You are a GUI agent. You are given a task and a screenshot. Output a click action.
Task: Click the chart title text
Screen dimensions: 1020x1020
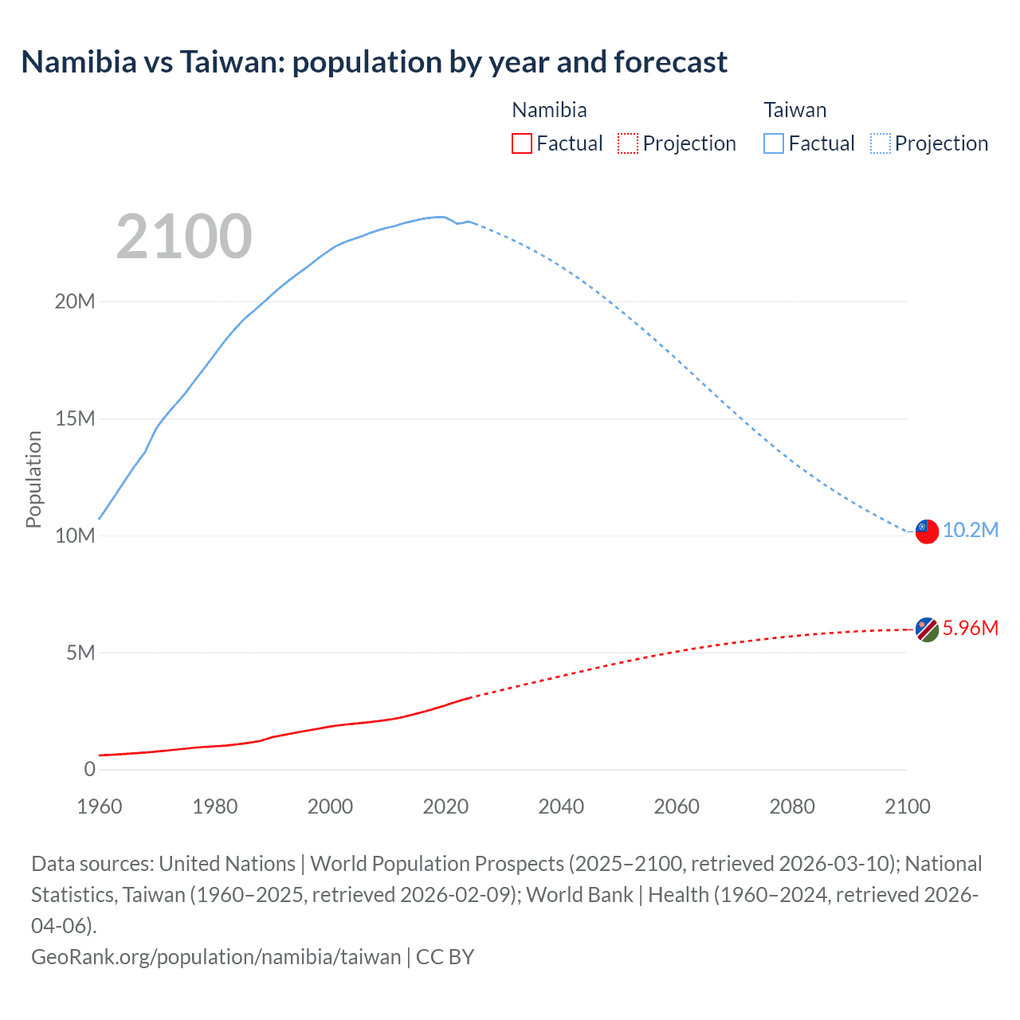[374, 62]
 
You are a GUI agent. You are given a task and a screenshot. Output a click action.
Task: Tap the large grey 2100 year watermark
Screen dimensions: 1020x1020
[184, 237]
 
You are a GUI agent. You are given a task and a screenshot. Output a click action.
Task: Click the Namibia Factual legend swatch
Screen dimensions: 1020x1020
[522, 143]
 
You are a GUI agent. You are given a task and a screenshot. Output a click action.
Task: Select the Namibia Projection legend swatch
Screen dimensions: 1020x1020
[628, 143]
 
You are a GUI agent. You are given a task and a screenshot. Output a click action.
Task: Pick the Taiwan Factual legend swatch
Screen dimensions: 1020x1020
[774, 143]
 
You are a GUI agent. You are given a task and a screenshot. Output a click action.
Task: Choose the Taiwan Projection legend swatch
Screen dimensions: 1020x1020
[881, 143]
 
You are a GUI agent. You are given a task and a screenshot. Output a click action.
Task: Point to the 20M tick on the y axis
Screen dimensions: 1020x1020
[75, 301]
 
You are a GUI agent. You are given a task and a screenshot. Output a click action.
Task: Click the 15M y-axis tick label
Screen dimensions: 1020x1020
[75, 418]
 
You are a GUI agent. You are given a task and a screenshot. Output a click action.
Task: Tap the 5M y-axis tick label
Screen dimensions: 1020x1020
[80, 653]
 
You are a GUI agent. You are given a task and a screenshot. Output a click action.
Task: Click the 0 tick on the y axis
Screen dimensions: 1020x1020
[89, 769]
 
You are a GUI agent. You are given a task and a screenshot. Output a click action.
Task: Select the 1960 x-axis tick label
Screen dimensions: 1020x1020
[100, 806]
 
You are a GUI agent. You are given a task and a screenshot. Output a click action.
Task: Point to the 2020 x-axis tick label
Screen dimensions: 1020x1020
[445, 806]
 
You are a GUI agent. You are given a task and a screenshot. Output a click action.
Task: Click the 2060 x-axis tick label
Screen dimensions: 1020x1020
[677, 806]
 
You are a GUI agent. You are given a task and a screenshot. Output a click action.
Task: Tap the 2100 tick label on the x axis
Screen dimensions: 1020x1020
[907, 806]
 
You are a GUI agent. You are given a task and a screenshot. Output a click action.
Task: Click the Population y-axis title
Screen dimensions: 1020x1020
[33, 479]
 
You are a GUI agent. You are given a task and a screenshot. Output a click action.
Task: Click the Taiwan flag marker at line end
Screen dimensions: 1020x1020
[927, 532]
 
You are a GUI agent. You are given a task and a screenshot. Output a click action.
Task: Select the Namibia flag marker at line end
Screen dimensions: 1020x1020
[927, 630]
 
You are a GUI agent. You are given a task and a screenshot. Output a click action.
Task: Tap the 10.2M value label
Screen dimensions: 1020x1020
[970, 531]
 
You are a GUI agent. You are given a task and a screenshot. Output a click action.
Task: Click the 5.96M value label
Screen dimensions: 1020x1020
[970, 629]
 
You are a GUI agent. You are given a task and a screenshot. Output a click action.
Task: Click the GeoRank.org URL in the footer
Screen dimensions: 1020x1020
[216, 957]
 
